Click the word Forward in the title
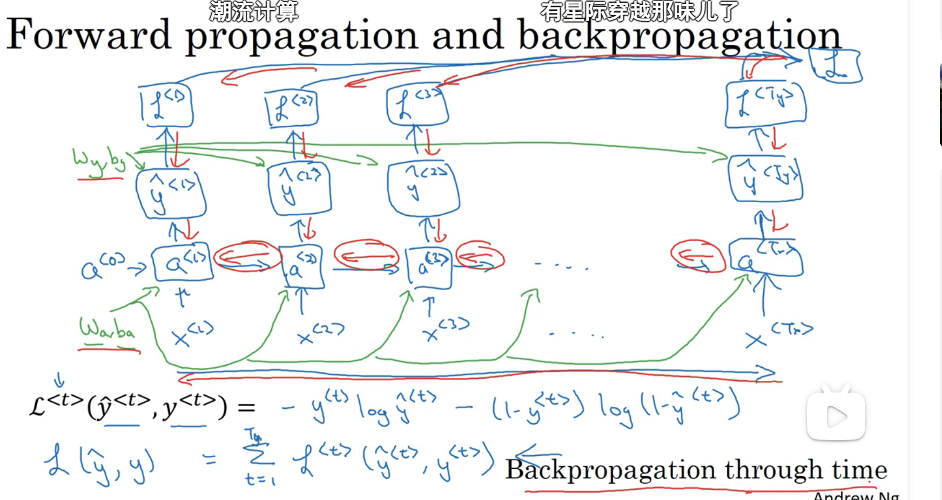89,35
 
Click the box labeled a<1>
183,263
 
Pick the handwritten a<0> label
103,266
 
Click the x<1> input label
192,333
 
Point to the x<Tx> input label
778,334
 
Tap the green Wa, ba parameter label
107,329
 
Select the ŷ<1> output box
171,193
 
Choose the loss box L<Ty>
765,105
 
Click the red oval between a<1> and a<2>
247,257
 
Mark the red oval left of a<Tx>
697,256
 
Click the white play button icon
836,416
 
